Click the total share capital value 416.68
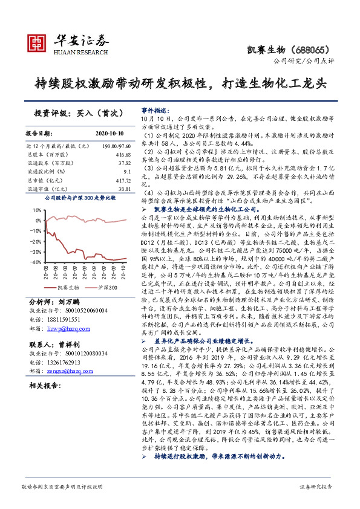pos(124,154)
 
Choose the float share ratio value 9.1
pos(128,171)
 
